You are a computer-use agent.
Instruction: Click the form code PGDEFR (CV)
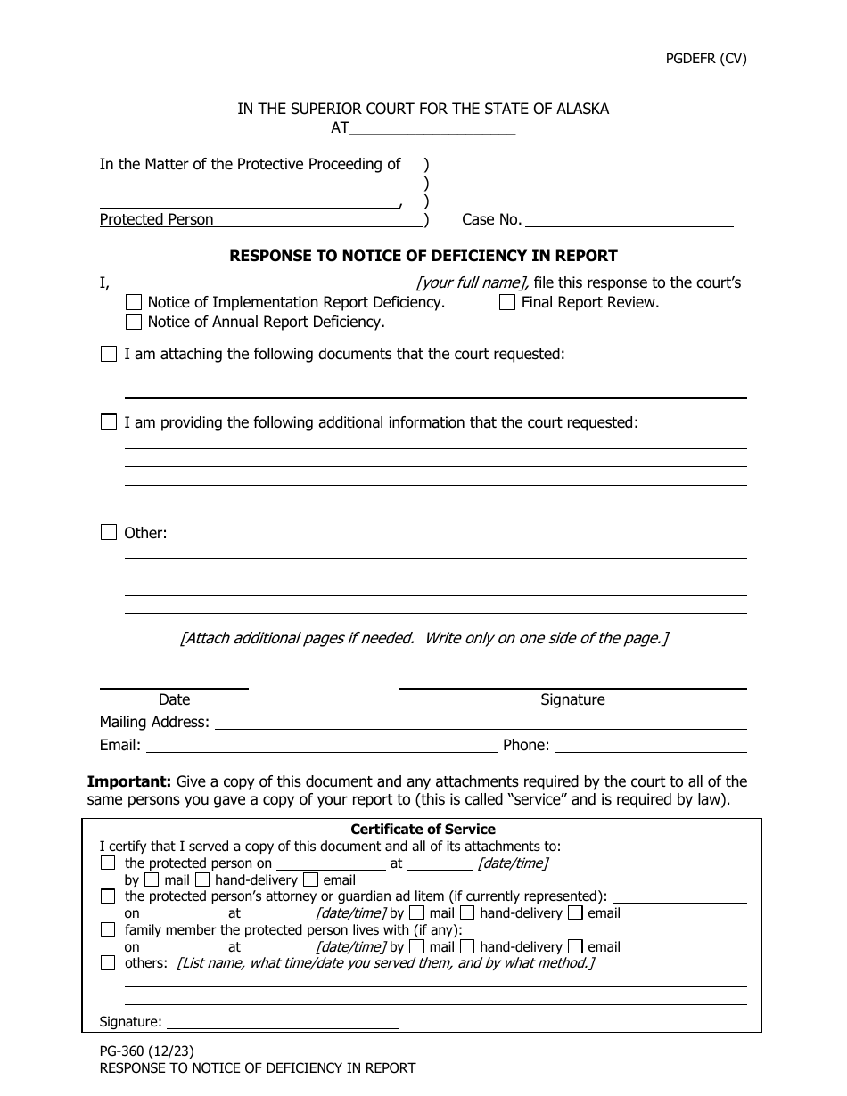706,60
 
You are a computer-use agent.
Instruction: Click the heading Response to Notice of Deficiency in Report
423,256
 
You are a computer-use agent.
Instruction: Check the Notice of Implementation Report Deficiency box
134,302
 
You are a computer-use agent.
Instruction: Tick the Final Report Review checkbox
507,302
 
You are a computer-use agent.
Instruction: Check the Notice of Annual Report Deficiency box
134,322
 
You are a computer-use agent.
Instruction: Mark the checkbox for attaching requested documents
109,354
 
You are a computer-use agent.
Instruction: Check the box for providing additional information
109,422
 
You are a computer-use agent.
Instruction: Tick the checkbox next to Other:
109,533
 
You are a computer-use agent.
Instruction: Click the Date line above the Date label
174,686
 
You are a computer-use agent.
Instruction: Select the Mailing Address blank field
481,723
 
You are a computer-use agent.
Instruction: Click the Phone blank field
650,746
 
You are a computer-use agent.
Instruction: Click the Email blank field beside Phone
321,746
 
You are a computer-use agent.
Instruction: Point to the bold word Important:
128,781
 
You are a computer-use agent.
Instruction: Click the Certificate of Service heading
423,830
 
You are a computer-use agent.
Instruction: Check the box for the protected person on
108,863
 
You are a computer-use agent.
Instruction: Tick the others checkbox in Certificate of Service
108,963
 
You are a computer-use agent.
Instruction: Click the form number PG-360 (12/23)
143,1051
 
